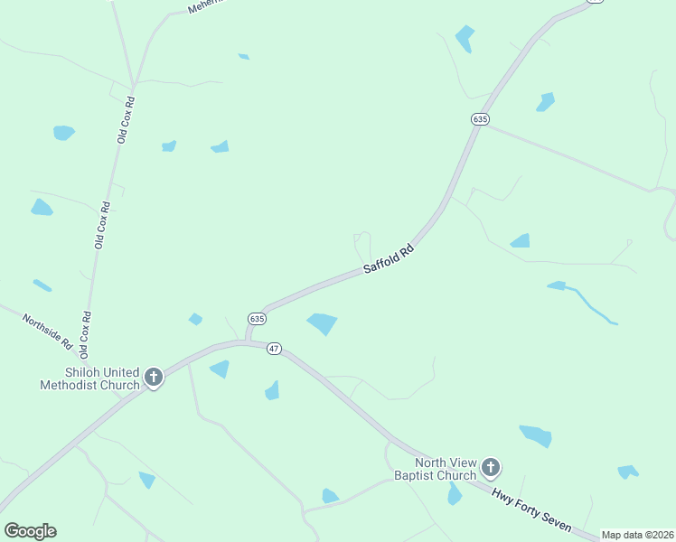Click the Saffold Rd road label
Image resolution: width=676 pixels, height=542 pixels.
(x=389, y=258)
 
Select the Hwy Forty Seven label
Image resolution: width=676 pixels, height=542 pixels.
(x=531, y=509)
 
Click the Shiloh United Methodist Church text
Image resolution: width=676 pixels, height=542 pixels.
(x=89, y=378)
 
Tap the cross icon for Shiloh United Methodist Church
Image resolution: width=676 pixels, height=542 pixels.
(x=154, y=377)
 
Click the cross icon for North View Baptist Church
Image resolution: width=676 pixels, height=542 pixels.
(x=490, y=467)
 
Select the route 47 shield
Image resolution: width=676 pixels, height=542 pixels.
(x=275, y=349)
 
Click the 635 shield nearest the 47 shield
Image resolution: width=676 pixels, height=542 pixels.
(x=257, y=319)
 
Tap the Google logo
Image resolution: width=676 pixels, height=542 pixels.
(x=30, y=530)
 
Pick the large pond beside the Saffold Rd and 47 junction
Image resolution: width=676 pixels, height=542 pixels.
(x=323, y=322)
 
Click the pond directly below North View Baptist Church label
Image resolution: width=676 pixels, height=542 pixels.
(x=454, y=494)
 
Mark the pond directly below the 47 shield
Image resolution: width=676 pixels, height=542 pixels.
(x=272, y=390)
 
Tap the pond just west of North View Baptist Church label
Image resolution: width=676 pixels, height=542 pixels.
(x=330, y=496)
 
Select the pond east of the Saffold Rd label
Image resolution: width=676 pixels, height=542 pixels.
(x=521, y=240)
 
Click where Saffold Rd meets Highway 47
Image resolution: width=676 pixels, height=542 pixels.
(x=248, y=341)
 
